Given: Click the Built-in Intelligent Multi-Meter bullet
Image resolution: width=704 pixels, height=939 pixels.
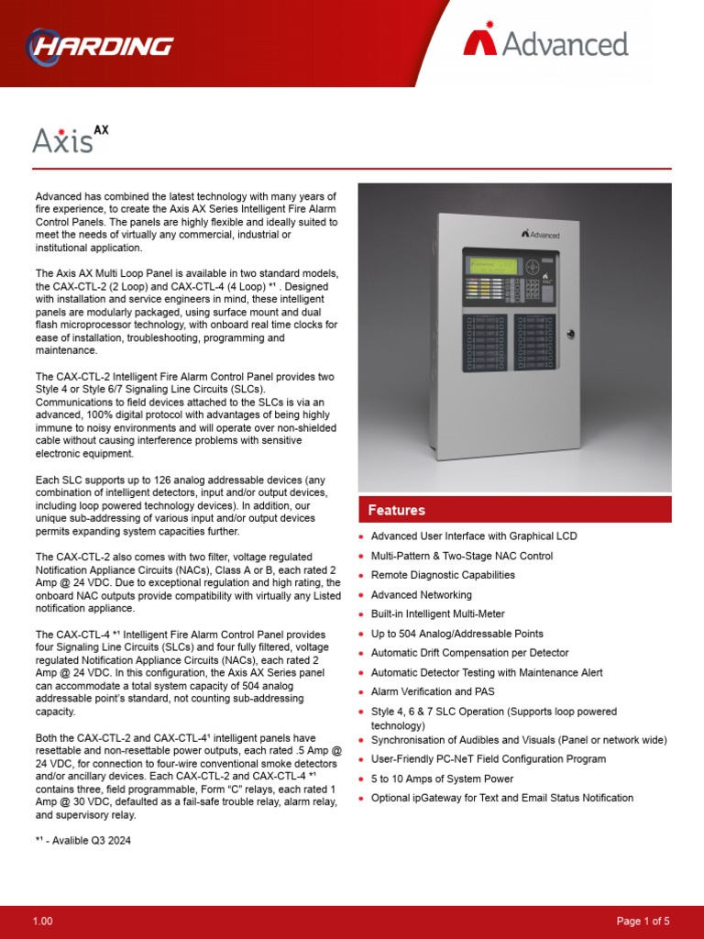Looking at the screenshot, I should click(437, 614).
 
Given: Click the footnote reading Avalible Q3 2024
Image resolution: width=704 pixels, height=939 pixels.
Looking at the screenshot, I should click(82, 841).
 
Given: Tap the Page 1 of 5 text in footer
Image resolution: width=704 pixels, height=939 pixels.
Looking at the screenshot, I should click(643, 921).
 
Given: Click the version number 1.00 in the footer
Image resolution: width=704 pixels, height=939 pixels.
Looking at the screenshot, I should click(43, 921).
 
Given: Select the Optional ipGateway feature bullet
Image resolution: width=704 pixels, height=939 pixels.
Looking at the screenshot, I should click(501, 798).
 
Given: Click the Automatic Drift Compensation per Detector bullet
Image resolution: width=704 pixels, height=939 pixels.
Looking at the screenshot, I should click(469, 653).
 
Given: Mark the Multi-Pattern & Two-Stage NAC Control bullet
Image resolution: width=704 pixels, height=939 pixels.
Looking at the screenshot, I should click(461, 556).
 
